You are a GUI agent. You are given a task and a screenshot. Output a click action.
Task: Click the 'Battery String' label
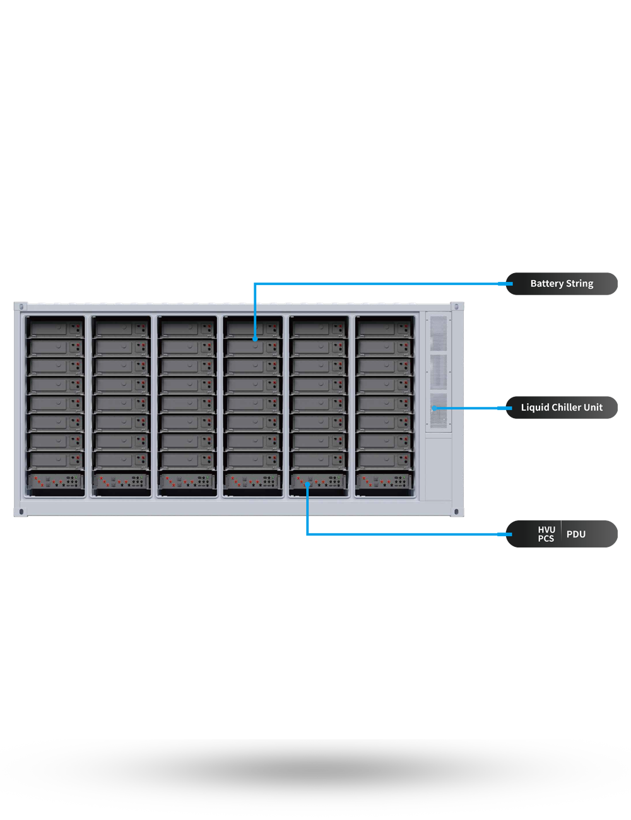[562, 284]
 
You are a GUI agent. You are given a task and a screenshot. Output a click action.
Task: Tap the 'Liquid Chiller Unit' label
[562, 407]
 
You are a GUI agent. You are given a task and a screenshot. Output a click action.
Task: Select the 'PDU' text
[576, 534]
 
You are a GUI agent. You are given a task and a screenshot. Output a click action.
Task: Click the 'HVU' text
[546, 530]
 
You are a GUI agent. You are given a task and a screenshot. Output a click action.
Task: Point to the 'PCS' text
[546, 539]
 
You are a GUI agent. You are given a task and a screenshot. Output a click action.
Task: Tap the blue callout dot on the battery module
[255, 339]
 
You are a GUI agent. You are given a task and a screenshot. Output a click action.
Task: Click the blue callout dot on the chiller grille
[433, 409]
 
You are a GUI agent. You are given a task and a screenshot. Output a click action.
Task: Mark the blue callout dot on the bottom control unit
[308, 484]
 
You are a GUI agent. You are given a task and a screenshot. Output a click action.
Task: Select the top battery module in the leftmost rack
[56, 329]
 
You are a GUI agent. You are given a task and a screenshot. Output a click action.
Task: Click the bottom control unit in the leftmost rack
[56, 482]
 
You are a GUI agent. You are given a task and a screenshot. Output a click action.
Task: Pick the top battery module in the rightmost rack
[384, 329]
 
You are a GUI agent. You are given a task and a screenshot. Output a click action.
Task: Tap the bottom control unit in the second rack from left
[121, 482]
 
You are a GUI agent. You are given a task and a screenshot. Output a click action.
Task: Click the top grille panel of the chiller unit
[438, 332]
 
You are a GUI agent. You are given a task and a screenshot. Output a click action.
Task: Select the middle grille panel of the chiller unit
[438, 371]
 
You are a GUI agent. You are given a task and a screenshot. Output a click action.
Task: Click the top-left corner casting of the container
[21, 308]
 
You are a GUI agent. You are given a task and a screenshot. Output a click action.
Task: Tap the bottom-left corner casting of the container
[21, 511]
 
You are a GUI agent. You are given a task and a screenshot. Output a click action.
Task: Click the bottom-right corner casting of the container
[456, 511]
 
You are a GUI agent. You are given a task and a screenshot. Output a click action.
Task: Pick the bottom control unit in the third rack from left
[187, 482]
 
